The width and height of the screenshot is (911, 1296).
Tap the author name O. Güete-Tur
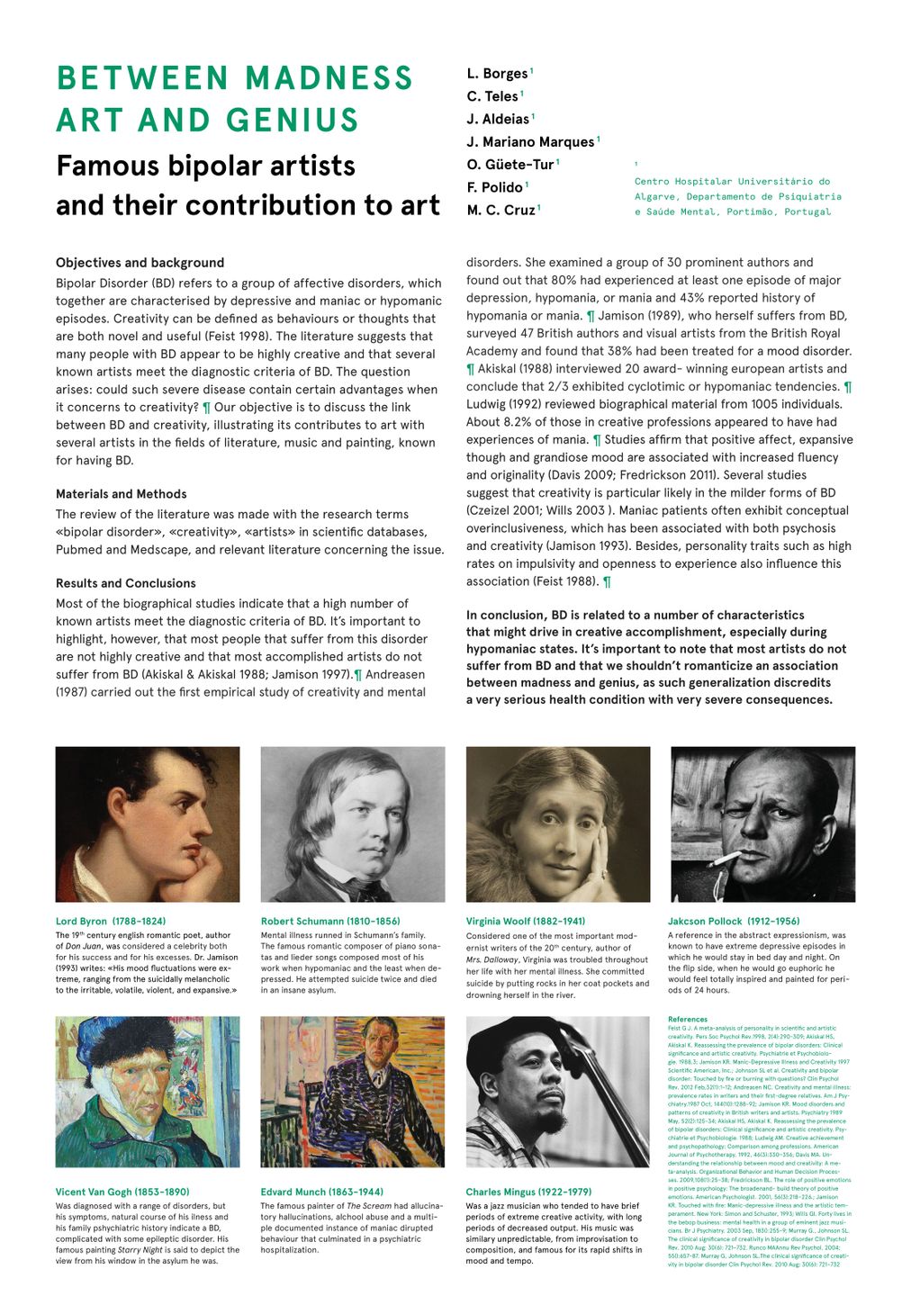510,165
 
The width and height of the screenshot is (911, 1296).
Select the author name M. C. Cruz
501,210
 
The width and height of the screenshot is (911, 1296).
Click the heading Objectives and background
140,263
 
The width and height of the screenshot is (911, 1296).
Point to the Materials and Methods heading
122,494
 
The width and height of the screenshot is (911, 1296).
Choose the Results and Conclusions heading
125,583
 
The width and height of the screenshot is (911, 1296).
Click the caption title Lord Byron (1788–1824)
111,922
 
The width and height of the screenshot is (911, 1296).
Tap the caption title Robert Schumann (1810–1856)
330,922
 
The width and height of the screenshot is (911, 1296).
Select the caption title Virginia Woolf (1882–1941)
526,922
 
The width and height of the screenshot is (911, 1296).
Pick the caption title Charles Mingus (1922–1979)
528,1192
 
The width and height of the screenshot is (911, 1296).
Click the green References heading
688,1019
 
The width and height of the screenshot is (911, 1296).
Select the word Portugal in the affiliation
807,211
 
